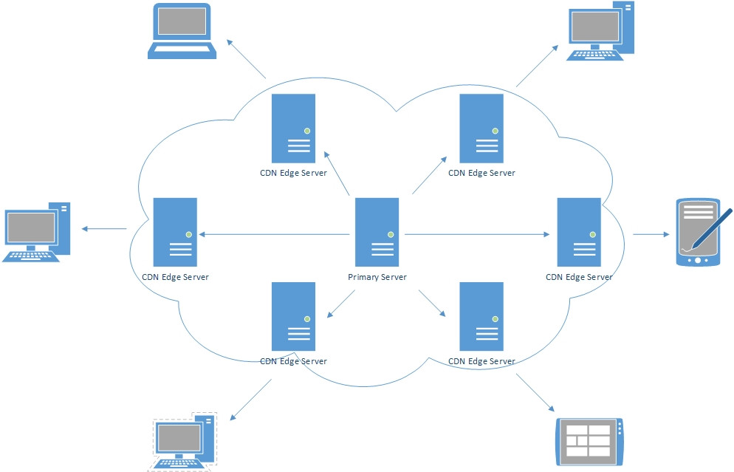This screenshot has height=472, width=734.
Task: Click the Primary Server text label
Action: [x=377, y=277]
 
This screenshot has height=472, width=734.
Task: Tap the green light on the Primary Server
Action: [x=391, y=235]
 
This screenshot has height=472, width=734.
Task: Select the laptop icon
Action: [x=182, y=31]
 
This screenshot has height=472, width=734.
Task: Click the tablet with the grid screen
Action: [x=589, y=441]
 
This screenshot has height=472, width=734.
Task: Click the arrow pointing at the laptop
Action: [x=246, y=59]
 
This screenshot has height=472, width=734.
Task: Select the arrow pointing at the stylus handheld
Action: [x=651, y=234]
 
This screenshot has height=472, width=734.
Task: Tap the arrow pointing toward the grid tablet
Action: [x=535, y=392]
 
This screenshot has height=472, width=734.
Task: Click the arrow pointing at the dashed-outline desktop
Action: [x=250, y=400]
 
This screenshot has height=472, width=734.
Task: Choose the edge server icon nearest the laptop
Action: [x=293, y=129]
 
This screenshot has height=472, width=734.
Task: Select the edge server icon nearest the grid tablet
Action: [x=481, y=316]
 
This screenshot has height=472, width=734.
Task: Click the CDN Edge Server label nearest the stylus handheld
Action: [x=579, y=277]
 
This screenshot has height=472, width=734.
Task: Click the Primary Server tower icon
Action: [x=377, y=232]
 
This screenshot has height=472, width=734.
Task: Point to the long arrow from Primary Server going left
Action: [x=274, y=234]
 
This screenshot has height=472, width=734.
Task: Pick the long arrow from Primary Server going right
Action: [x=477, y=234]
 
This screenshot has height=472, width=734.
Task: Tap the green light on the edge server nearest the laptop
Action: [x=307, y=131]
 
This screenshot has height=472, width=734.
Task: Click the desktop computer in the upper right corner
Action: [x=600, y=31]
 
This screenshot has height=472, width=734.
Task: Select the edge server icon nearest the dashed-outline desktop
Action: [x=293, y=316]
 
